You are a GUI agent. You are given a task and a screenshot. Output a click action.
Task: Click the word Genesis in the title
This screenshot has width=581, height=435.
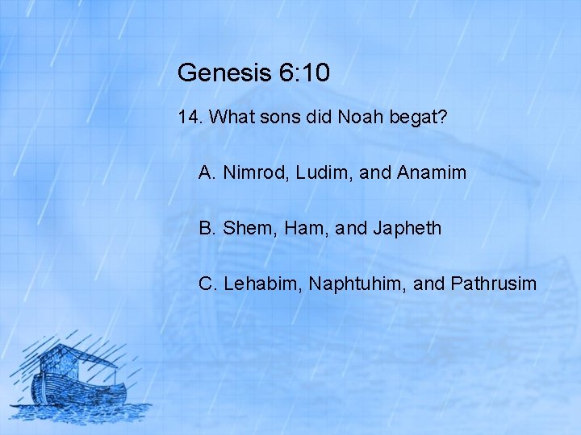[225, 73]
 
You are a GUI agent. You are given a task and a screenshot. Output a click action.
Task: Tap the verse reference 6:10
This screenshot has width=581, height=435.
[304, 73]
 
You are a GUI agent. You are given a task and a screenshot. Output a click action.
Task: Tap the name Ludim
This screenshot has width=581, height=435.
[316, 172]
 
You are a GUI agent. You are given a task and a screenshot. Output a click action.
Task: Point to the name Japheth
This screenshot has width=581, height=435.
[408, 228]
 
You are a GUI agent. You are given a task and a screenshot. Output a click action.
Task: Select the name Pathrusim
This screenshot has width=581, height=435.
[493, 284]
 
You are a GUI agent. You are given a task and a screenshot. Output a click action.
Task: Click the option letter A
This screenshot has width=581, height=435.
[206, 172]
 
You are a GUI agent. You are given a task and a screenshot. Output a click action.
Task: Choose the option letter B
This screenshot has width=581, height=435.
[206, 228]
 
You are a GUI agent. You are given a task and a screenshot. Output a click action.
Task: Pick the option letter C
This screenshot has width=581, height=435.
[207, 284]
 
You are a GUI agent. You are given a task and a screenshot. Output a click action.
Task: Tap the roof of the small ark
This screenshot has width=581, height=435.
[81, 354]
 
